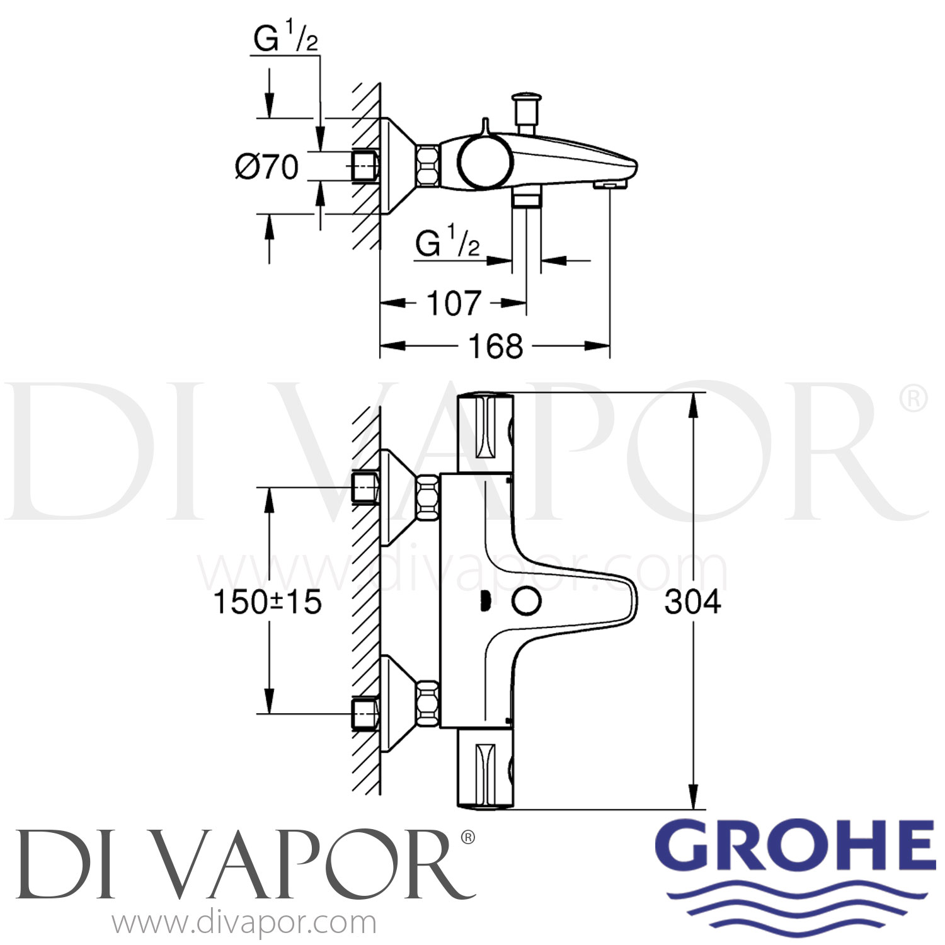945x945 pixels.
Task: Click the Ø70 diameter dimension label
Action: tap(267, 168)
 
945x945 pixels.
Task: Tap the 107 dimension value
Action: tap(454, 304)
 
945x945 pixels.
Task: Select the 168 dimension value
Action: tap(496, 346)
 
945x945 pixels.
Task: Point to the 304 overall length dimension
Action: tap(692, 602)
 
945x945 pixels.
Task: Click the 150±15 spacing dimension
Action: tap(268, 602)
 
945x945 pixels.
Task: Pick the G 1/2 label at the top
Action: tap(285, 39)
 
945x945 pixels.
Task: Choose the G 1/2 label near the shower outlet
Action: tap(447, 243)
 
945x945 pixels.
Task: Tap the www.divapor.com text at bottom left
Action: tap(244, 924)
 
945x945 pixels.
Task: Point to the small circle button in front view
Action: tap(526, 602)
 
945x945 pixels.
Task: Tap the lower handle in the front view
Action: tap(485, 769)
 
